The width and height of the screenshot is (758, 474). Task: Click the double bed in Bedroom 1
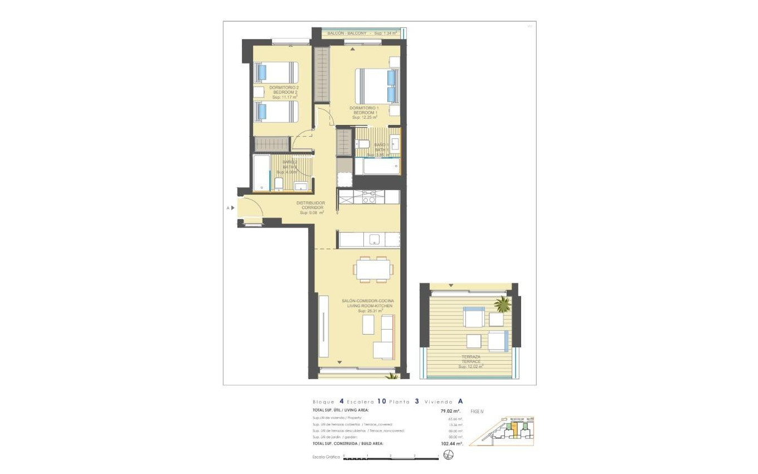pos(376,86)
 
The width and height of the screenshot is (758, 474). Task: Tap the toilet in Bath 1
pos(363,145)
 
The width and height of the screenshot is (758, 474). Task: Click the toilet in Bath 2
pos(279,183)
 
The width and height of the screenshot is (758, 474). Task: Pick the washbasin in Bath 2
pos(301,186)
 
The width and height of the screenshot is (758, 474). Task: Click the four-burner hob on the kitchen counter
pos(369,197)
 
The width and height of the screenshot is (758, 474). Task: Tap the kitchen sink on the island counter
pos(375,240)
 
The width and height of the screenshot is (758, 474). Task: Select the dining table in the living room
pos(373,270)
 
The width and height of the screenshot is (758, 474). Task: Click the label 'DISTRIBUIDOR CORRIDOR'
pos(310,205)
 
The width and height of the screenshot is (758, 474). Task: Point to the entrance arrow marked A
pos(232,208)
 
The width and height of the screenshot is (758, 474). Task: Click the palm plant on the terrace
pos(503,304)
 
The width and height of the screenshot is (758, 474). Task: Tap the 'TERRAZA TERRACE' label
pos(470,359)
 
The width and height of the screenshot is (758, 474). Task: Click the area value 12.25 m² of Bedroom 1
pos(365,118)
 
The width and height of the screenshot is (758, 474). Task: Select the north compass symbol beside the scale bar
pos(449,456)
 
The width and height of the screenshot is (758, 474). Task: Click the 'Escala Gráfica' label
pos(326,457)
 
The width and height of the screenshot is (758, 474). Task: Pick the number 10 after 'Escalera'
pos(382,401)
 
